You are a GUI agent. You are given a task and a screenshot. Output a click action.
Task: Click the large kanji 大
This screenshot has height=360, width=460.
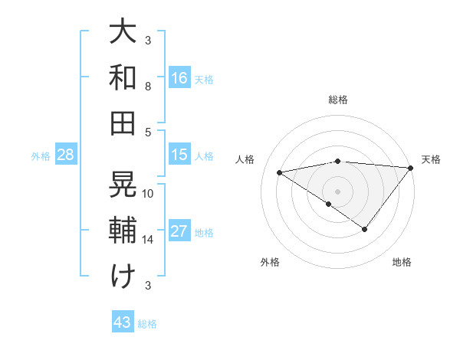[x=123, y=33]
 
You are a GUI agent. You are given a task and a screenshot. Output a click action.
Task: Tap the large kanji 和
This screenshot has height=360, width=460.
[x=123, y=77]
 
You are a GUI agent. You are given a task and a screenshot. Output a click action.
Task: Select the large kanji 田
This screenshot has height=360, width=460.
[x=123, y=122]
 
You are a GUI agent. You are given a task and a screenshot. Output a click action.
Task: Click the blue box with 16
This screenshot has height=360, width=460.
[x=179, y=77]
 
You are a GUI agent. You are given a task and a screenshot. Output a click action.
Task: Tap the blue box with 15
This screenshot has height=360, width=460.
[x=179, y=155]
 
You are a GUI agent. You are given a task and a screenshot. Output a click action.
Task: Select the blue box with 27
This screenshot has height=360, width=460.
[x=179, y=231]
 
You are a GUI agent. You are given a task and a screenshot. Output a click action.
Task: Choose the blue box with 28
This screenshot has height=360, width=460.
[x=66, y=155]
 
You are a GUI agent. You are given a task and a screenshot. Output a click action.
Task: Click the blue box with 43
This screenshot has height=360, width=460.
[x=123, y=322]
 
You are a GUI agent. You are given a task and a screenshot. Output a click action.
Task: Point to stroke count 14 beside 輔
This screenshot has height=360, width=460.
[x=148, y=240]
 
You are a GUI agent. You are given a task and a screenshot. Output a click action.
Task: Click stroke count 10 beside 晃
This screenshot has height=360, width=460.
[x=148, y=194]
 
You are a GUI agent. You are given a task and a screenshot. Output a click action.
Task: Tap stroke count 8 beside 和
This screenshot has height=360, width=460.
[x=148, y=87]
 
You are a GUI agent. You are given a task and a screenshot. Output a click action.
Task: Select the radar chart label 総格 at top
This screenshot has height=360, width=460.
[x=338, y=100]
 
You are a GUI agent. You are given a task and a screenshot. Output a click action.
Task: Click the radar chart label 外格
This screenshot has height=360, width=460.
[x=270, y=262]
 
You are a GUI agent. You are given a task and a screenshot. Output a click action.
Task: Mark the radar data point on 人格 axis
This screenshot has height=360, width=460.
[x=280, y=172]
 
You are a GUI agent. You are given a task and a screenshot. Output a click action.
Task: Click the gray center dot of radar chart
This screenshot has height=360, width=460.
[x=338, y=191]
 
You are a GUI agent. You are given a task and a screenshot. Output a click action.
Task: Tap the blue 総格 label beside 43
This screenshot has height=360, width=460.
[x=147, y=324]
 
